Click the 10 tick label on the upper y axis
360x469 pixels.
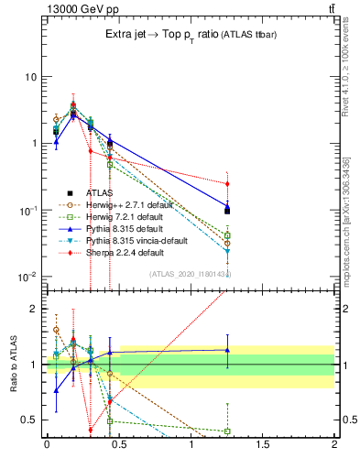29,77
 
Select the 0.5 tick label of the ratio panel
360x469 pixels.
27,420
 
